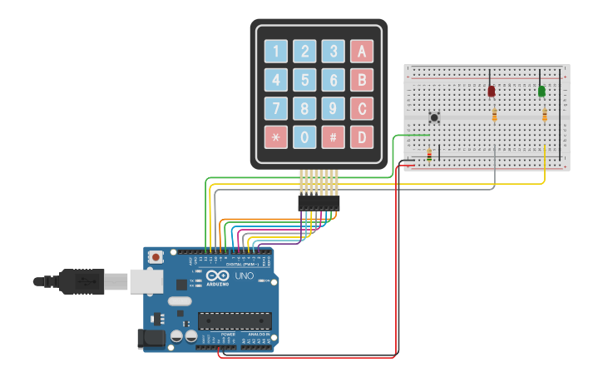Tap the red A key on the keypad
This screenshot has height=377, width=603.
(x=362, y=52)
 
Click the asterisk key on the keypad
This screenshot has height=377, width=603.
(x=276, y=136)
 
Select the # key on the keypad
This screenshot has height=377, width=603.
(x=334, y=136)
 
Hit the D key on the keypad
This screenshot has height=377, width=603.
(x=362, y=136)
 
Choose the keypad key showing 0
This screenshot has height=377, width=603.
(x=305, y=136)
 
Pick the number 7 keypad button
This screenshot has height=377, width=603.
(x=276, y=108)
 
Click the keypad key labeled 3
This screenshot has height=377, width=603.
(x=334, y=52)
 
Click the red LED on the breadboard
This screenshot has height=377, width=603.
(x=492, y=90)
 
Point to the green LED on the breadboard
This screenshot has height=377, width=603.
(x=541, y=90)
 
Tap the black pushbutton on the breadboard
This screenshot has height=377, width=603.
(x=433, y=117)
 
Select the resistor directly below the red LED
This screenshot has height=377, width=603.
(x=495, y=115)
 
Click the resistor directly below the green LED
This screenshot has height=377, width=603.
(x=545, y=115)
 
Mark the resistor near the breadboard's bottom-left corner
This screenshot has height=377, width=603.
(x=429, y=154)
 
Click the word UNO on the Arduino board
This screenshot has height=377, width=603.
(x=245, y=276)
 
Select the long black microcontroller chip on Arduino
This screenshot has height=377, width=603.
(x=235, y=320)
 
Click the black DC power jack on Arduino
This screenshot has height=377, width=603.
(x=148, y=338)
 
